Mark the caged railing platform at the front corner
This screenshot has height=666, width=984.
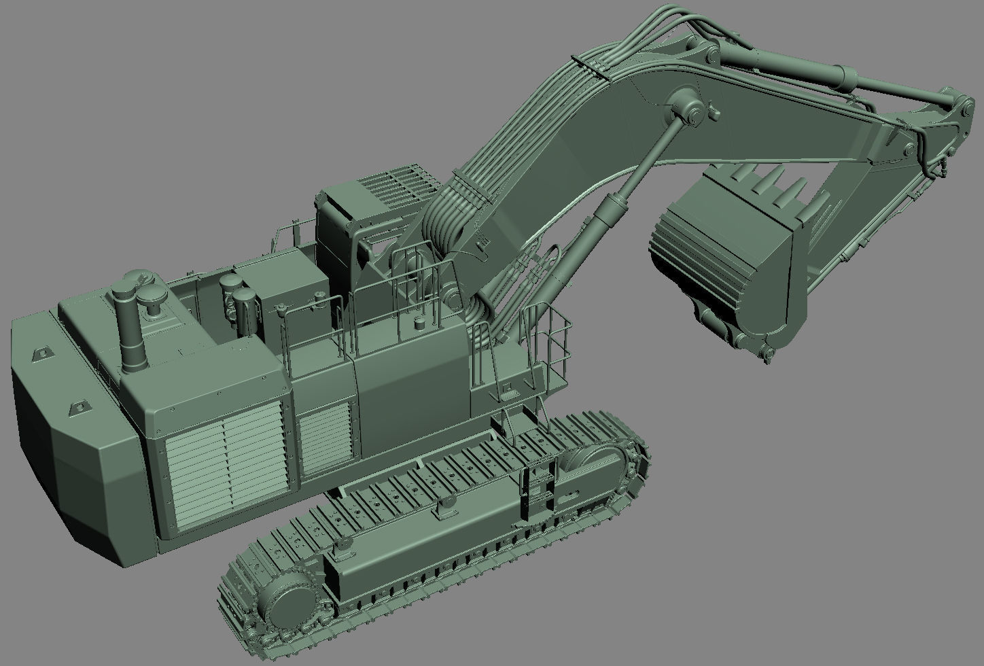point(547,347)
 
